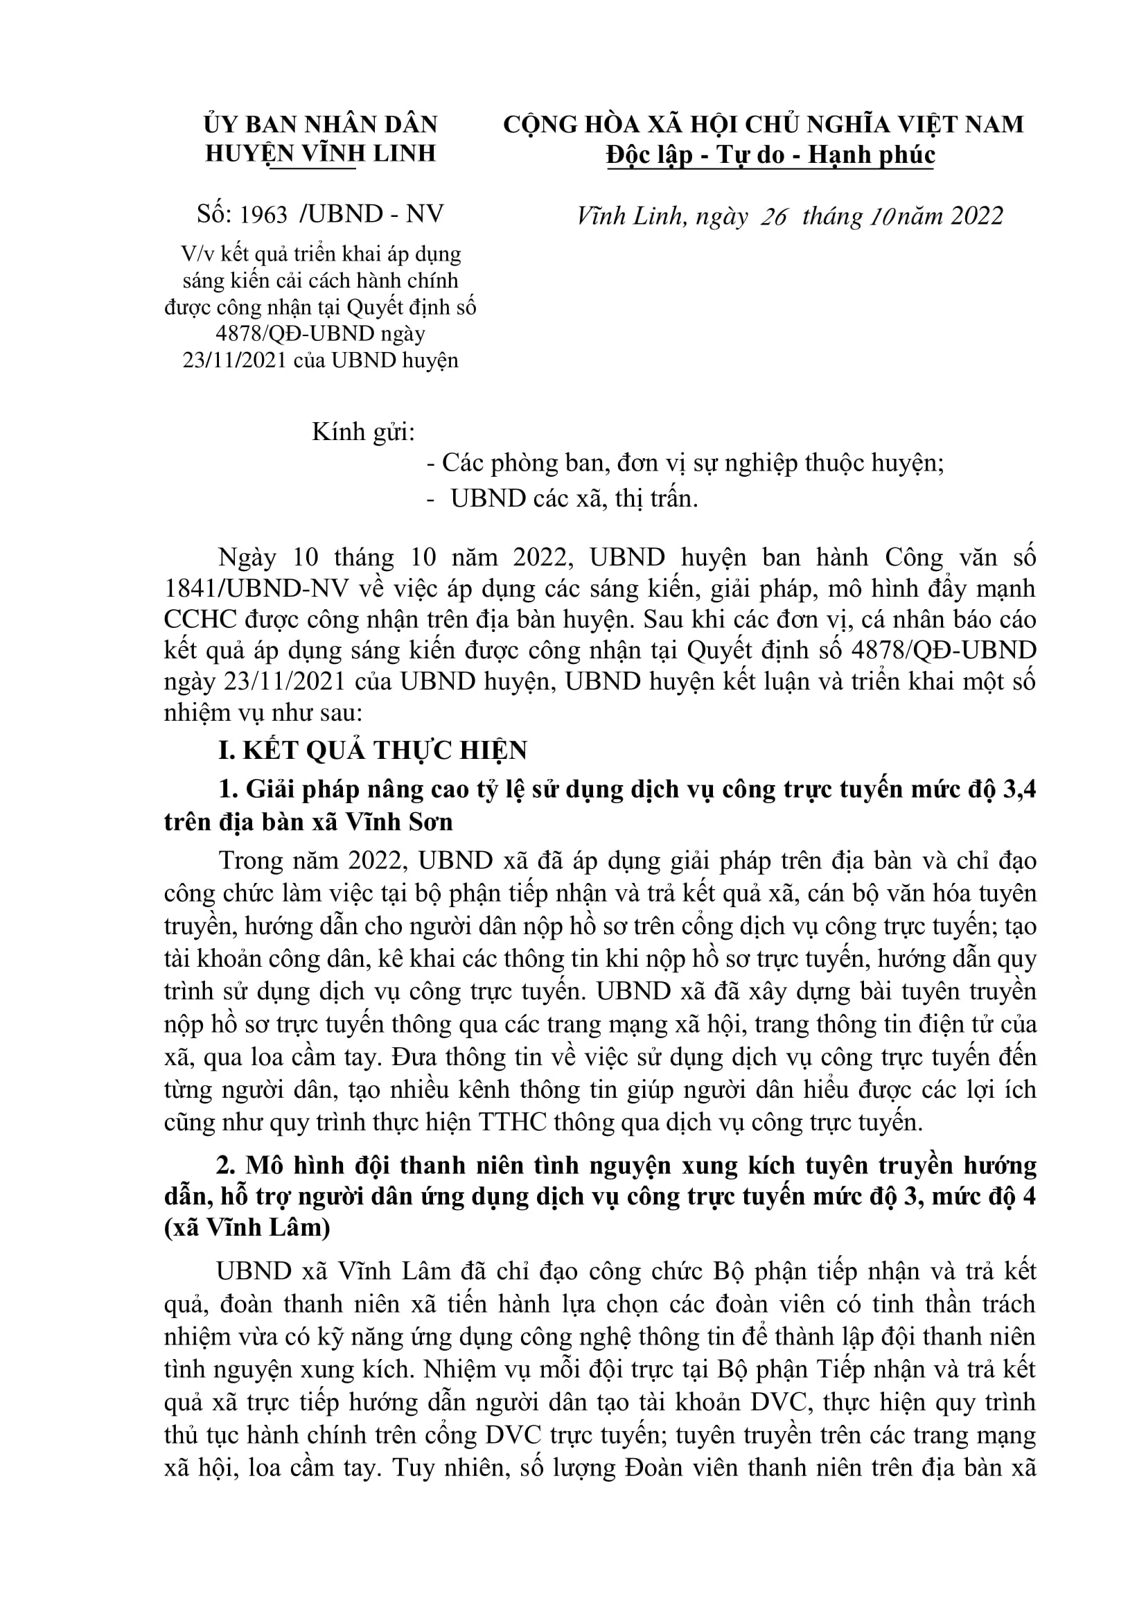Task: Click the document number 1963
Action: (x=264, y=215)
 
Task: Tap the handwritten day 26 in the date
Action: (x=773, y=217)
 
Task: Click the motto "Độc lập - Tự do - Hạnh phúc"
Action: (x=770, y=155)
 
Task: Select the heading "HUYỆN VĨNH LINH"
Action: (x=320, y=154)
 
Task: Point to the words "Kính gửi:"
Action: (x=364, y=431)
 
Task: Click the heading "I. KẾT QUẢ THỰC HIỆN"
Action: (x=373, y=751)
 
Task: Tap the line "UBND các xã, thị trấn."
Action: (x=574, y=499)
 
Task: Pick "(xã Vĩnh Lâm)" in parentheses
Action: (x=247, y=1229)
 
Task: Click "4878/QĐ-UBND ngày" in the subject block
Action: (x=320, y=333)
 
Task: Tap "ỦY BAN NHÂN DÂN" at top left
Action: (x=320, y=124)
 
